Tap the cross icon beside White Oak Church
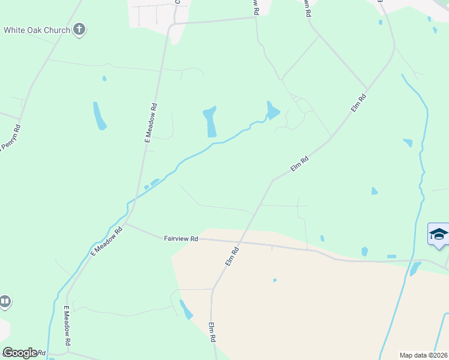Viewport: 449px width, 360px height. pos(79,29)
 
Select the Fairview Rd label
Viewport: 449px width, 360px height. pos(181,238)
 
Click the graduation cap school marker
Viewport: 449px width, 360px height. pos(438,234)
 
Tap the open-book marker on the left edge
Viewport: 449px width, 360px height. pos(5,301)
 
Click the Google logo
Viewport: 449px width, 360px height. pos(19,352)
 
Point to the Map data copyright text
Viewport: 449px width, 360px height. pos(423,355)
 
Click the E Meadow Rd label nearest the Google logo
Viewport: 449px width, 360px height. pos(68,334)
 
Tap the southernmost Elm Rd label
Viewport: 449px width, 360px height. pos(212,332)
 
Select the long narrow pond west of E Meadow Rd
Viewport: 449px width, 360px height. pos(99,116)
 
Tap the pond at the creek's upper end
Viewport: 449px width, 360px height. pos(272,110)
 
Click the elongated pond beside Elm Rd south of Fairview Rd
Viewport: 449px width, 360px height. pos(186,310)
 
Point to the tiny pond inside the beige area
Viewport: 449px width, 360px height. pos(274,280)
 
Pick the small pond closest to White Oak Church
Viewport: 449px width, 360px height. pos(104,78)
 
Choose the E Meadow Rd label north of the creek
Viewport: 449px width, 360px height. pos(151,122)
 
